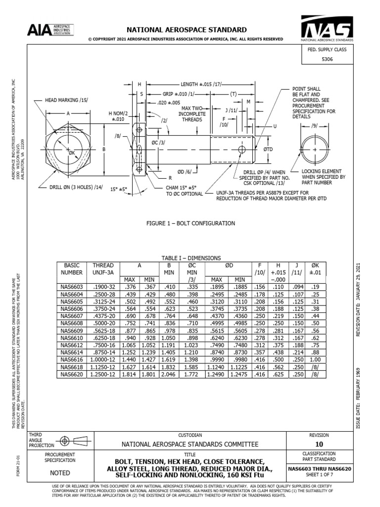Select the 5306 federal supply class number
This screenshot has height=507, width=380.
[x=327, y=59]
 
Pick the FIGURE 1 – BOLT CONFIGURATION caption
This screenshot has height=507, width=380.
[x=190, y=224]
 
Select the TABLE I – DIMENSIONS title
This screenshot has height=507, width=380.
[x=191, y=258]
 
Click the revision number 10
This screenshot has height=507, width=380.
[x=319, y=444]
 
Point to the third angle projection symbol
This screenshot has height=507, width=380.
[x=70, y=440]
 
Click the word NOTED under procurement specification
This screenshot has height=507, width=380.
[x=59, y=472]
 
